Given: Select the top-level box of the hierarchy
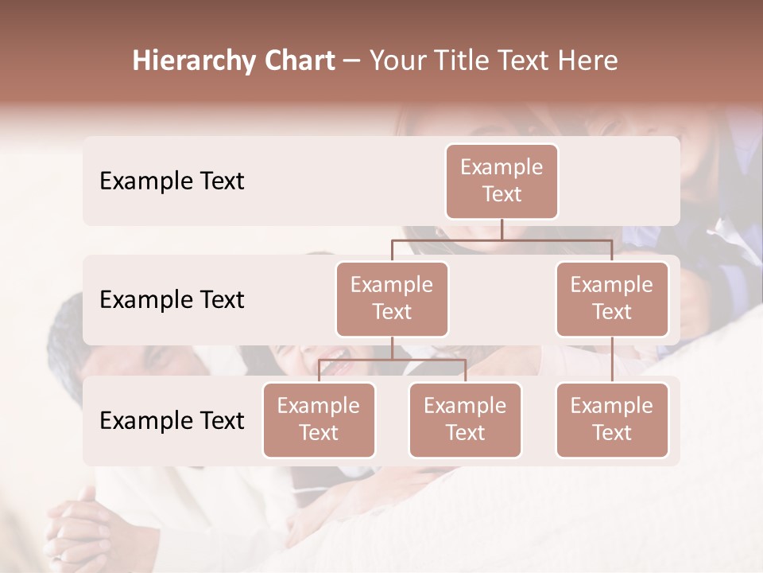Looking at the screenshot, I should tap(502, 181).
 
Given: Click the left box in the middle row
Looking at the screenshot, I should tap(392, 298).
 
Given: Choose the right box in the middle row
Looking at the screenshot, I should tap(612, 298).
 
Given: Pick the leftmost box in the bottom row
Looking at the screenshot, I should tap(319, 419).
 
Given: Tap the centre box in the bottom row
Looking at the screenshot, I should tap(465, 419).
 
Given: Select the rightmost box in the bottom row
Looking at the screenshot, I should tap(612, 419).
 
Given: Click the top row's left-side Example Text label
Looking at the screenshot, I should tap(172, 181).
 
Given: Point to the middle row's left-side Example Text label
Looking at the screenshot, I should tap(172, 300).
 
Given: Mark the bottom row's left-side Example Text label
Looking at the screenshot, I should tap(172, 420).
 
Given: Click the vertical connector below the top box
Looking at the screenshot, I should tap(502, 229).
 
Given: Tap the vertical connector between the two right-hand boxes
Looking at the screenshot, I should tap(612, 360).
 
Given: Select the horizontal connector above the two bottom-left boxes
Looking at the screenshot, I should tap(392, 360).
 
